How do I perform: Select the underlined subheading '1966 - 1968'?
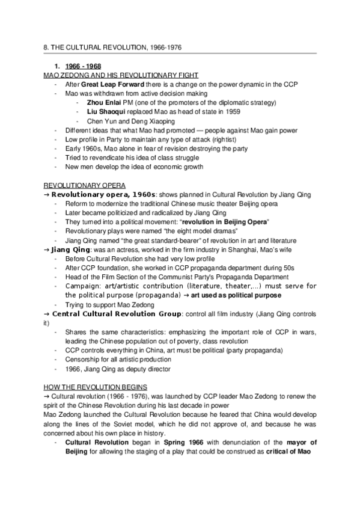(84, 66)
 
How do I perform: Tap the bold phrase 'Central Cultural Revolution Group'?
(116, 313)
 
